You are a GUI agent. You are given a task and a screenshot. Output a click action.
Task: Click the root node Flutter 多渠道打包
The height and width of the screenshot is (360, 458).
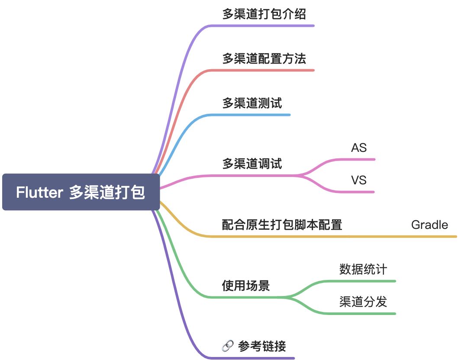(x=81, y=192)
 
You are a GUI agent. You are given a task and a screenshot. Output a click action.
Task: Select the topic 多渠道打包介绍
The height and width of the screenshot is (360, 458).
(x=264, y=14)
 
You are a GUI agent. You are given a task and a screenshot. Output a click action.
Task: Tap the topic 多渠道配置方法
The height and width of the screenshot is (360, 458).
(x=264, y=58)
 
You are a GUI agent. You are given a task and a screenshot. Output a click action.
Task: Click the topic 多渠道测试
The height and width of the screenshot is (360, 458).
(x=252, y=103)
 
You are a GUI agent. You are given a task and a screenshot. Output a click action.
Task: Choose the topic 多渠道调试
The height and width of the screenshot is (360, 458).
(x=252, y=164)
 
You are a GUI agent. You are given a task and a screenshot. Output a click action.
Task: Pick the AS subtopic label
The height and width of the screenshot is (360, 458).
(x=359, y=148)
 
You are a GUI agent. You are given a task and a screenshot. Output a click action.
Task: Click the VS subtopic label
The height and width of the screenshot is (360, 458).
(x=359, y=180)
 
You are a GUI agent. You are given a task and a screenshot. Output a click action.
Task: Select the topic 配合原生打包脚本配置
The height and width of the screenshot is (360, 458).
(x=282, y=225)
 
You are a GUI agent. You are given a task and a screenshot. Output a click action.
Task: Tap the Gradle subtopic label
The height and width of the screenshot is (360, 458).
(x=429, y=225)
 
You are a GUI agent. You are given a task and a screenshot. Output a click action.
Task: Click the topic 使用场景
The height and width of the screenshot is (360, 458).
(x=246, y=286)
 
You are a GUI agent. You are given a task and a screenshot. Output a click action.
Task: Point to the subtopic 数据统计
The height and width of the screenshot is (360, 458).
(x=363, y=270)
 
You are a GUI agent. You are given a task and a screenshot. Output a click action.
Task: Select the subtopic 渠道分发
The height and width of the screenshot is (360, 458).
(x=363, y=302)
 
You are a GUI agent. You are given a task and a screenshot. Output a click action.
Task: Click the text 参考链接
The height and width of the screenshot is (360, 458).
(x=262, y=346)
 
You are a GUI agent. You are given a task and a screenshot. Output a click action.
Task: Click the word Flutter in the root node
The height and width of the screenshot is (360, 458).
(x=40, y=192)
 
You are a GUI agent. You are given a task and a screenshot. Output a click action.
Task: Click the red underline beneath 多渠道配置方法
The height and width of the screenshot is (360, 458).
(x=268, y=70)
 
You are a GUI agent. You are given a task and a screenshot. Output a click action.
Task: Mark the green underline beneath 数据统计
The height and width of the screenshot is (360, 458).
(x=364, y=281)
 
